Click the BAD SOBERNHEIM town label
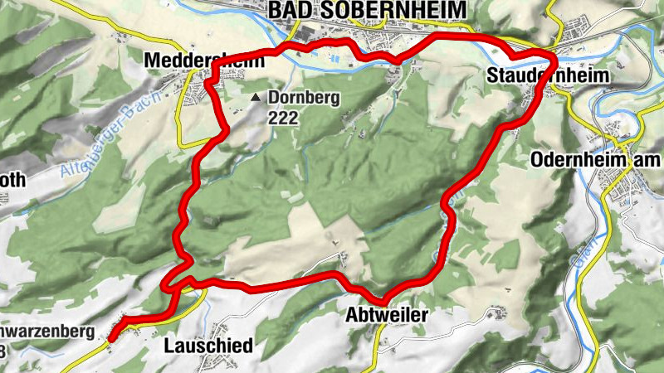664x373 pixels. [368, 10]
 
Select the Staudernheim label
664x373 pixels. [548, 76]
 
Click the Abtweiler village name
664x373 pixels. [387, 316]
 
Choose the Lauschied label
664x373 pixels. [208, 345]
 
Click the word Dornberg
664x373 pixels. [305, 98]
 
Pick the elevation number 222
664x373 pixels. [282, 118]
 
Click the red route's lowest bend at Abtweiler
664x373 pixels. [384, 298]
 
